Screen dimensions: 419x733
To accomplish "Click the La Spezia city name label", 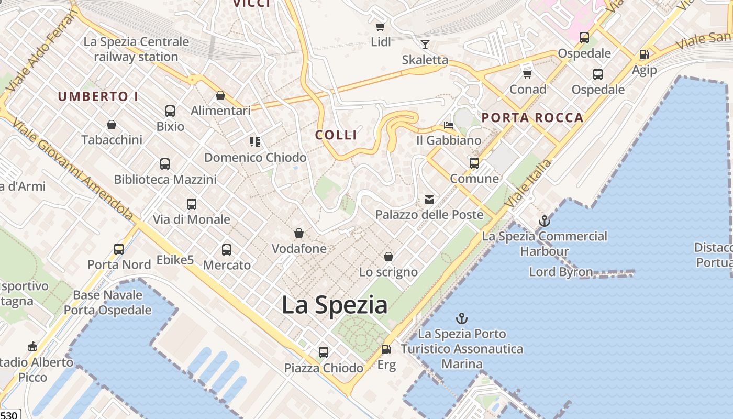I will (x=335, y=305).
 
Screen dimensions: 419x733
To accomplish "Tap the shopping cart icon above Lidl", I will (x=381, y=27).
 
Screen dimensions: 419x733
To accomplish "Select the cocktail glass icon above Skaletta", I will (x=425, y=45).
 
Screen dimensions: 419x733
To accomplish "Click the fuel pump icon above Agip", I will (x=644, y=54).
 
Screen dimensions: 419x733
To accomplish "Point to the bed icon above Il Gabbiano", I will (x=449, y=125).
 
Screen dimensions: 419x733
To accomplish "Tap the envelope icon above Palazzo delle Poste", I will (x=429, y=200).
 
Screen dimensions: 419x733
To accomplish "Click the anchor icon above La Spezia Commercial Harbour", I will (x=545, y=221).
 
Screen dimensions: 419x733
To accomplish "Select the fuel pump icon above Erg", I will (x=386, y=349).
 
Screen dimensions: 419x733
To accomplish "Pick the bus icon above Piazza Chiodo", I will (x=324, y=352).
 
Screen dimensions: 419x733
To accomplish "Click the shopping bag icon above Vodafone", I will (x=299, y=233).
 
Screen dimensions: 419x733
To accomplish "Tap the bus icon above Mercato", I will (x=227, y=250).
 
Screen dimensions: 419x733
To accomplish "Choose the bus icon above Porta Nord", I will (x=119, y=249).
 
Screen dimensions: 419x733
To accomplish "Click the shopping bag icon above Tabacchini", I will (x=112, y=125).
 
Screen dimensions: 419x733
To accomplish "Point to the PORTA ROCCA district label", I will (x=532, y=118).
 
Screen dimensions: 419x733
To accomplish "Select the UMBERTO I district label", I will (x=98, y=97).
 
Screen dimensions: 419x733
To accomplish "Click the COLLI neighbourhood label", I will (x=336, y=135).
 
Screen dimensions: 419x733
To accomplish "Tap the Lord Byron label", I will (x=561, y=272).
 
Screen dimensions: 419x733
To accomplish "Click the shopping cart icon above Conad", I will (x=528, y=74).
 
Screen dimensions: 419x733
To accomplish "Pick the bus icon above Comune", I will (x=474, y=163).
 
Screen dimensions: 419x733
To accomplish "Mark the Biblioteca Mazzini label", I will (x=165, y=180).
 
